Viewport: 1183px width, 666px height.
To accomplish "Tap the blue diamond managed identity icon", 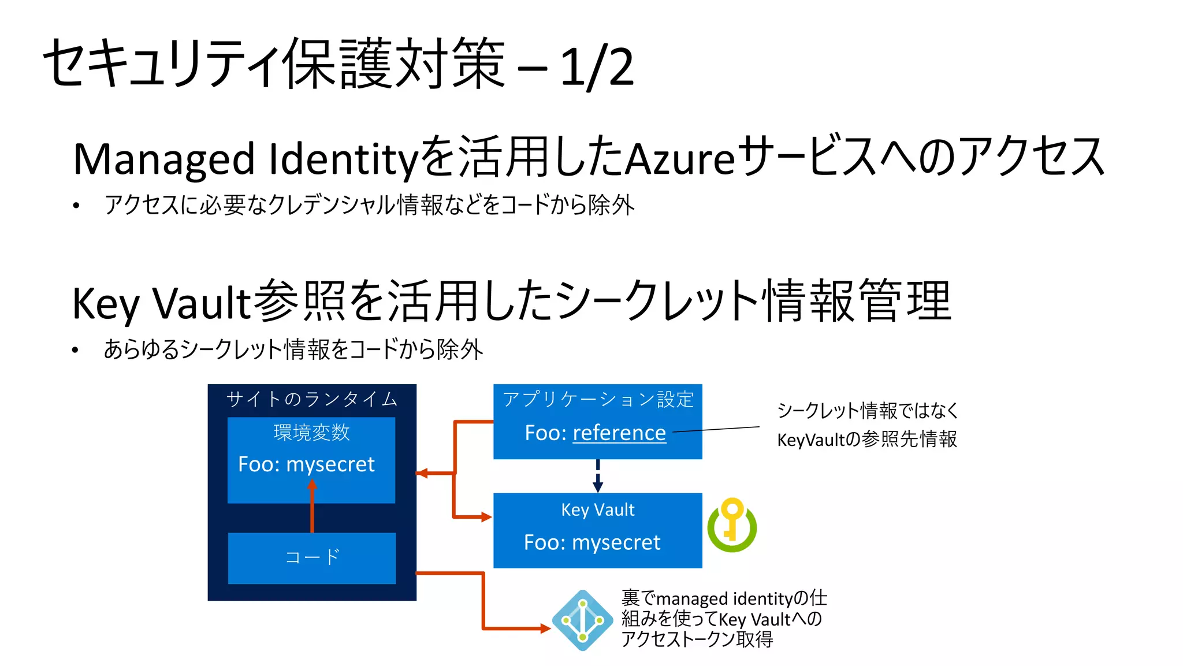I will [582, 620].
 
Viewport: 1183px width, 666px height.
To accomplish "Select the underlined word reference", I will [619, 433].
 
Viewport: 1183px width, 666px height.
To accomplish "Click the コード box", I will [312, 557].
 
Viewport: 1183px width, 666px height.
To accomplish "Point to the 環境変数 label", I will [311, 432].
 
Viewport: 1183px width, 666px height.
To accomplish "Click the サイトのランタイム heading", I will [312, 399].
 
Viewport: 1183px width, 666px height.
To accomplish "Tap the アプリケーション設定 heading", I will [598, 399].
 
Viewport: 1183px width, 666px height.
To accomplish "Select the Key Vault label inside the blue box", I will [598, 509].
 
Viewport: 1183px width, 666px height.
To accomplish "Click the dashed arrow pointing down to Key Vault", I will [598, 475].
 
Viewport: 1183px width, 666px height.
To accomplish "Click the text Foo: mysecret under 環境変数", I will [306, 464].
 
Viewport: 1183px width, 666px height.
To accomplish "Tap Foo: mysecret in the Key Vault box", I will [592, 542].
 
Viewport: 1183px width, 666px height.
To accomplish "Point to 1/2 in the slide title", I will [597, 68].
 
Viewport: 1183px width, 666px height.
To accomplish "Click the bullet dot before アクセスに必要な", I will [76, 206].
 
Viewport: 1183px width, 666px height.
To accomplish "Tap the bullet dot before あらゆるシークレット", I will [76, 351].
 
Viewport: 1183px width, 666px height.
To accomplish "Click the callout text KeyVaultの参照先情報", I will [867, 440].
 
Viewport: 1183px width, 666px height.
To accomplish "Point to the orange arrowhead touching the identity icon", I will [545, 628].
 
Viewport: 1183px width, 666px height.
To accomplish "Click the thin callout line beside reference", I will [716, 429].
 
